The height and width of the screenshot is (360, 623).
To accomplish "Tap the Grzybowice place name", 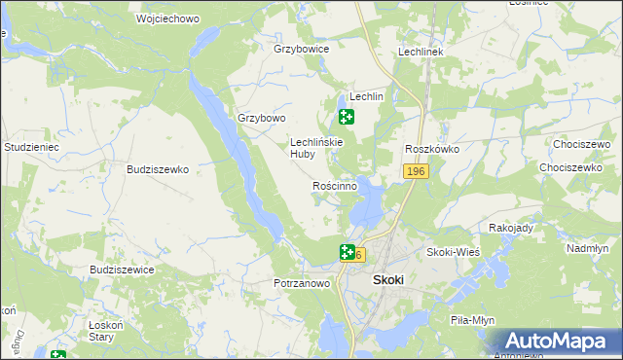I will pos(302,48).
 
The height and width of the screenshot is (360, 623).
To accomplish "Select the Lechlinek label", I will pos(421,52).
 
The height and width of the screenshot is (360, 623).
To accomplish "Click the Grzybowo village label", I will pos(262,119).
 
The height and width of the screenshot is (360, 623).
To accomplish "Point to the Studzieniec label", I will pos(32,147).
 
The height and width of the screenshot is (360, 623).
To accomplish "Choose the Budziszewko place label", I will pos(157,168).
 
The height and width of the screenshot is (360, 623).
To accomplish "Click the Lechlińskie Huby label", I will pos(316,147).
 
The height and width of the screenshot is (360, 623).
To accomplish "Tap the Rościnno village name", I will pos(334,185).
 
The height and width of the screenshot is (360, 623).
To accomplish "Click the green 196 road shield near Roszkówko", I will pos(416,171).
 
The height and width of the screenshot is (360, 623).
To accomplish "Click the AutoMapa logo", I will pos(556,342).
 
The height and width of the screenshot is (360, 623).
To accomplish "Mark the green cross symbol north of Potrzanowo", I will pos(347,253).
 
